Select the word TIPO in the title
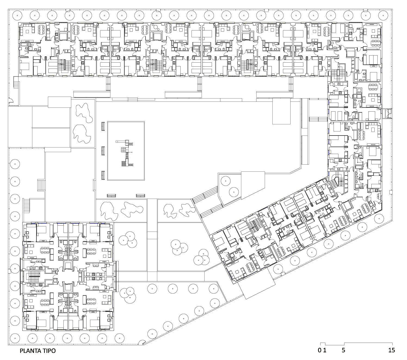tap(49, 351)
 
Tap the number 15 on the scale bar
tap(391, 350)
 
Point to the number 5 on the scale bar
tap(343, 350)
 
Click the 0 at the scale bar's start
tap(320, 350)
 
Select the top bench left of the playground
tap(103, 127)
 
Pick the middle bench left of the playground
tap(103, 151)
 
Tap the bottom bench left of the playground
tap(103, 176)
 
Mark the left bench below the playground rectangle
tap(111, 195)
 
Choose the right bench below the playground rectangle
tap(140, 195)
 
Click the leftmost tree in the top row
tap(17, 15)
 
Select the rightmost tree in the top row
tap(383, 15)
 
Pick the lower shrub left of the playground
tap(82, 134)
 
